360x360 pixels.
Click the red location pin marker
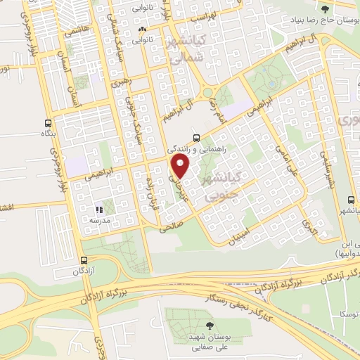(x=181, y=167)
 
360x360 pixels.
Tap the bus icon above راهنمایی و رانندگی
(x=196, y=138)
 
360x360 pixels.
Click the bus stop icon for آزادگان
(x=83, y=259)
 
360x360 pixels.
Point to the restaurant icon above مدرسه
(x=99, y=209)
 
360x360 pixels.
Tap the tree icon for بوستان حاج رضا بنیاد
(x=325, y=8)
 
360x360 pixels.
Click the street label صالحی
(x=171, y=228)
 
